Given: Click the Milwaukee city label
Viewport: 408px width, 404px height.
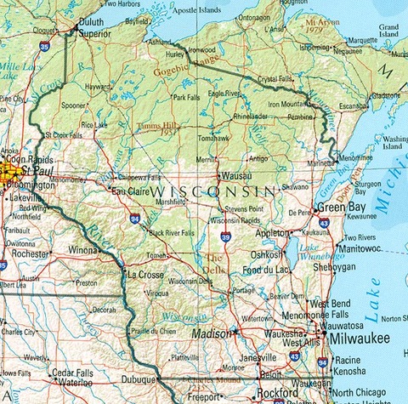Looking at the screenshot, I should tap(359, 339).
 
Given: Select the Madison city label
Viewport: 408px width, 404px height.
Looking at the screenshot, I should tap(210, 333).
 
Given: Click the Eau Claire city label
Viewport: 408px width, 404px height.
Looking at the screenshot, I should tap(130, 191).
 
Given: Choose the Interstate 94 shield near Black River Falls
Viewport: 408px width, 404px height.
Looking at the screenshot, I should tap(135, 219).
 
